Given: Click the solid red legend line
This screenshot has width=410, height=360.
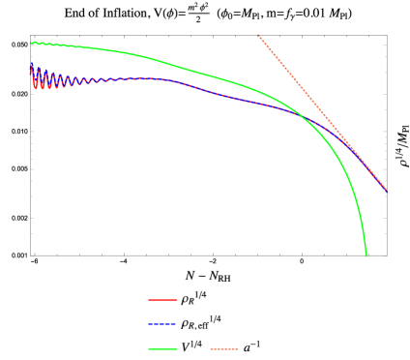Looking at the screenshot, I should [162, 300].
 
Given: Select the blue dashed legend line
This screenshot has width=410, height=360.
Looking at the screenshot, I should [162, 324].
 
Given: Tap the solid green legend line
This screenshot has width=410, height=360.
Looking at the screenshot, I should [162, 348].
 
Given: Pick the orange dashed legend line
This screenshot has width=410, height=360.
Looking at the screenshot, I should [223, 348].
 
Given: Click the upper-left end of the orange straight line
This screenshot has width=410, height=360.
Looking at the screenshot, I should [258, 36].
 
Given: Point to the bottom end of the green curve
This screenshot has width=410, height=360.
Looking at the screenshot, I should [366, 255].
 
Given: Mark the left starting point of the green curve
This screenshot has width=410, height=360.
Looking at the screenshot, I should [30, 43].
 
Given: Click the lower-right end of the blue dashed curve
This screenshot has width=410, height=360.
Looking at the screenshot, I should [386, 191].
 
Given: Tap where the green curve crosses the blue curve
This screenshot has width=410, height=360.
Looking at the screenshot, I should [301, 116].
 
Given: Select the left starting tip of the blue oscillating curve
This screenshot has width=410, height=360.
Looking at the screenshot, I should [31, 65].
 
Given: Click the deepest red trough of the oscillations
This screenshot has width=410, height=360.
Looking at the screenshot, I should [37, 89].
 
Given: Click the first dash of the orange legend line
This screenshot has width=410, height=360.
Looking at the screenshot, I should [213, 348].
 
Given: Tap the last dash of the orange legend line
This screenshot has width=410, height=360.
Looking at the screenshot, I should [234, 348].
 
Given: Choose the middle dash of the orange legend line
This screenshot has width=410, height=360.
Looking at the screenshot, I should [223, 348].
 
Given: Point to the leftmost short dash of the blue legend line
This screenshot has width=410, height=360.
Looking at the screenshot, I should [150, 324].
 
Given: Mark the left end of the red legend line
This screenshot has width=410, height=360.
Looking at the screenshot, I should [149, 300].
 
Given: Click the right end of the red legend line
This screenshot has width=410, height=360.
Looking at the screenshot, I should [177, 300].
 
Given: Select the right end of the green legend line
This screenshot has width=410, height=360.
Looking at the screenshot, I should [177, 348].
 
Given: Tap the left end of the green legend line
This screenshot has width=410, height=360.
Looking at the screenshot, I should [149, 348].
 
